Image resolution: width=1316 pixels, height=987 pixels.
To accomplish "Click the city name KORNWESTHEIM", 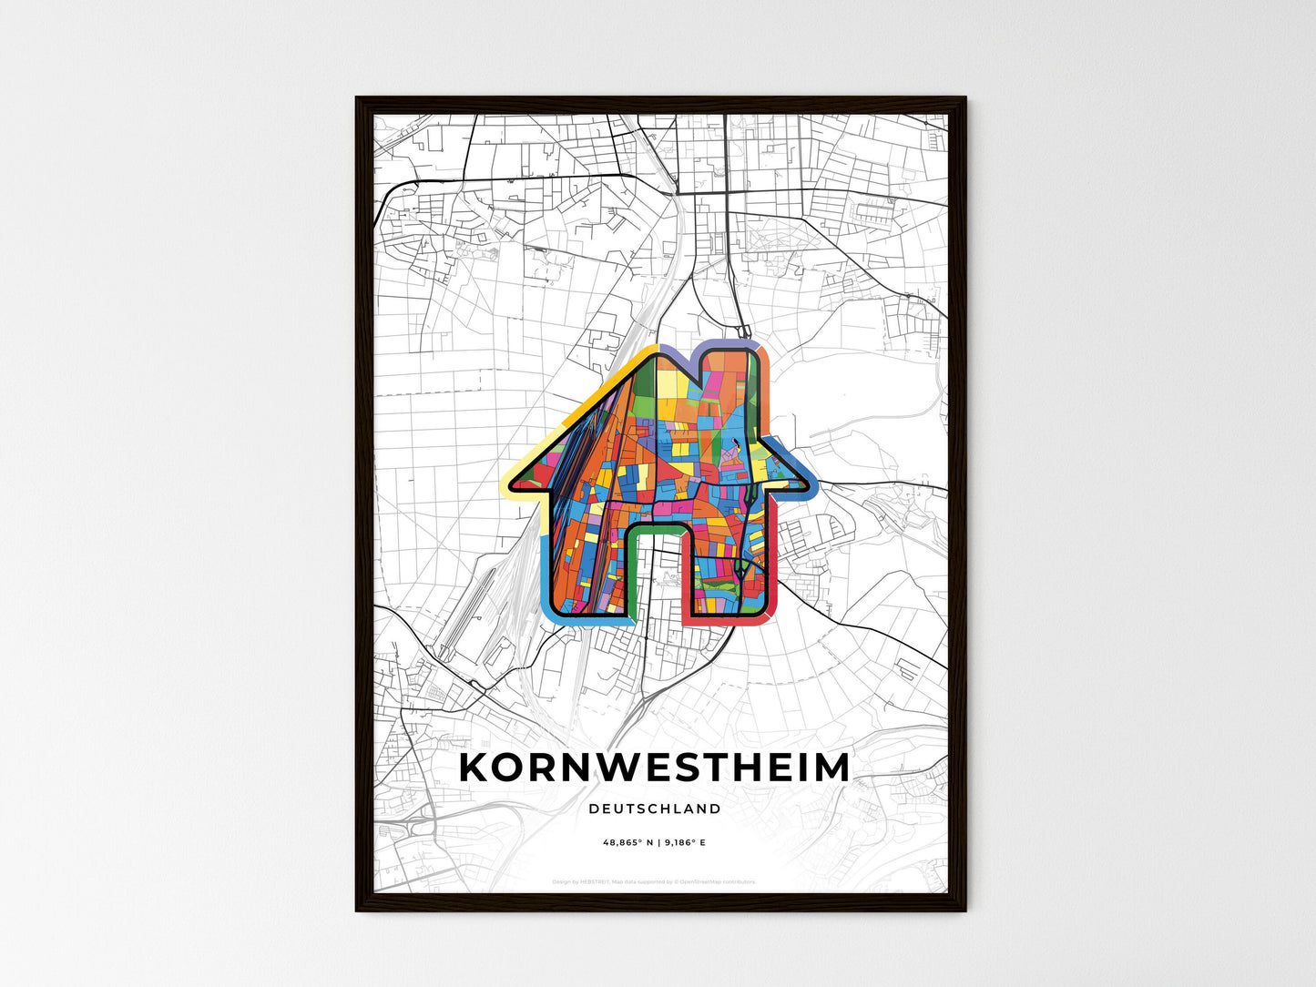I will pyautogui.click(x=654, y=768).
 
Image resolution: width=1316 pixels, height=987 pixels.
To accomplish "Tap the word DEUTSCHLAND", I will pyautogui.click(x=654, y=809).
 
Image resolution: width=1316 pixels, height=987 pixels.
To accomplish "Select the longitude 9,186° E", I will pyautogui.click(x=685, y=843).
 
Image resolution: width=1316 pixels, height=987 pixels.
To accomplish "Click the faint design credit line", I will pyautogui.click(x=654, y=881).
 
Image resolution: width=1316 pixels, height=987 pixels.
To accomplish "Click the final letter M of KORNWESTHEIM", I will pyautogui.click(x=831, y=768).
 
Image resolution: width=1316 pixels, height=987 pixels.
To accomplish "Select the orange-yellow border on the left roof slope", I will pyautogui.click(x=583, y=392).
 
